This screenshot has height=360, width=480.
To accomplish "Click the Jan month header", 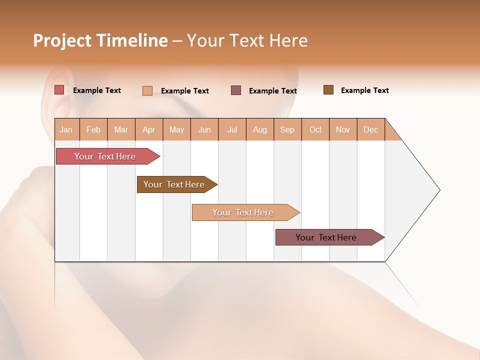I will [x=66, y=129].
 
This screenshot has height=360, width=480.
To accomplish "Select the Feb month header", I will [x=93, y=129].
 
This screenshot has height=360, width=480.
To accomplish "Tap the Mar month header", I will [x=121, y=129].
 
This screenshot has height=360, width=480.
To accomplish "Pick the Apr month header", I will [x=149, y=129].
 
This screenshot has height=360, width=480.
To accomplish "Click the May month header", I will [x=176, y=129].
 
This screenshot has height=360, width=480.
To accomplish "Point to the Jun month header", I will [x=204, y=129].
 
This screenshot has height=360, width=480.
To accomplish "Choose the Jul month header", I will [x=232, y=129].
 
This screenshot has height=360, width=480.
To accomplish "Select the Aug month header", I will [x=260, y=129].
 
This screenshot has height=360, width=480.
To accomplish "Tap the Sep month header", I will [x=287, y=129].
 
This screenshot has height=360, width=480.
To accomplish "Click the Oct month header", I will [x=315, y=129].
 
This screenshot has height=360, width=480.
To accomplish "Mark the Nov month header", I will [x=343, y=129].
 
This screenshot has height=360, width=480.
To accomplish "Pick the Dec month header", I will [x=370, y=129].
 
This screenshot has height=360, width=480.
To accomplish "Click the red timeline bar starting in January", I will [x=105, y=156].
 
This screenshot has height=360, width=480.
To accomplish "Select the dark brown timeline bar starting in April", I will [x=174, y=184].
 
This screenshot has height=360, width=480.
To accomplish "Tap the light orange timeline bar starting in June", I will [x=243, y=212].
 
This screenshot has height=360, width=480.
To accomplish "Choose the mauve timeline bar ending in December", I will [x=326, y=237].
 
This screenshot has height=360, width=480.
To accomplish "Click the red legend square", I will [x=59, y=90].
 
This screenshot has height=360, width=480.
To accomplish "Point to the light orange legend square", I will [x=147, y=90].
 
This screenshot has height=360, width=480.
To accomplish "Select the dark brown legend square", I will [x=328, y=90].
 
